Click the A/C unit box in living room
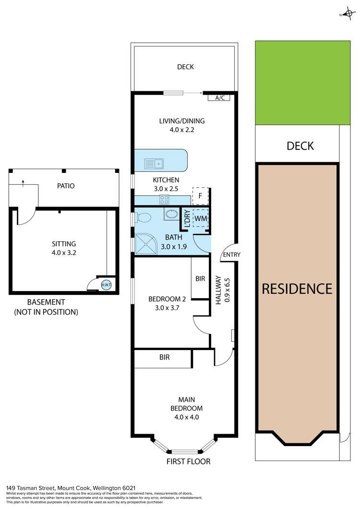click(219, 98)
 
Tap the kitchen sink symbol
click(154, 164)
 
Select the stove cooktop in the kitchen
click(164, 200)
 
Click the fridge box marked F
click(200, 196)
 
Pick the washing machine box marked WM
click(200, 218)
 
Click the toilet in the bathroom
click(143, 218)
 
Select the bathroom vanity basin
click(171, 214)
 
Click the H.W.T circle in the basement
click(106, 285)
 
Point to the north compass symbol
click(347, 14)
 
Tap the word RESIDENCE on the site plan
click(297, 289)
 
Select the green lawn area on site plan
click(302, 83)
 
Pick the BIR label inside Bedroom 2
click(200, 279)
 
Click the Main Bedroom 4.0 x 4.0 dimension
click(187, 417)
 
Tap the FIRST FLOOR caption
click(188, 461)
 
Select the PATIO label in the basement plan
click(66, 186)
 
